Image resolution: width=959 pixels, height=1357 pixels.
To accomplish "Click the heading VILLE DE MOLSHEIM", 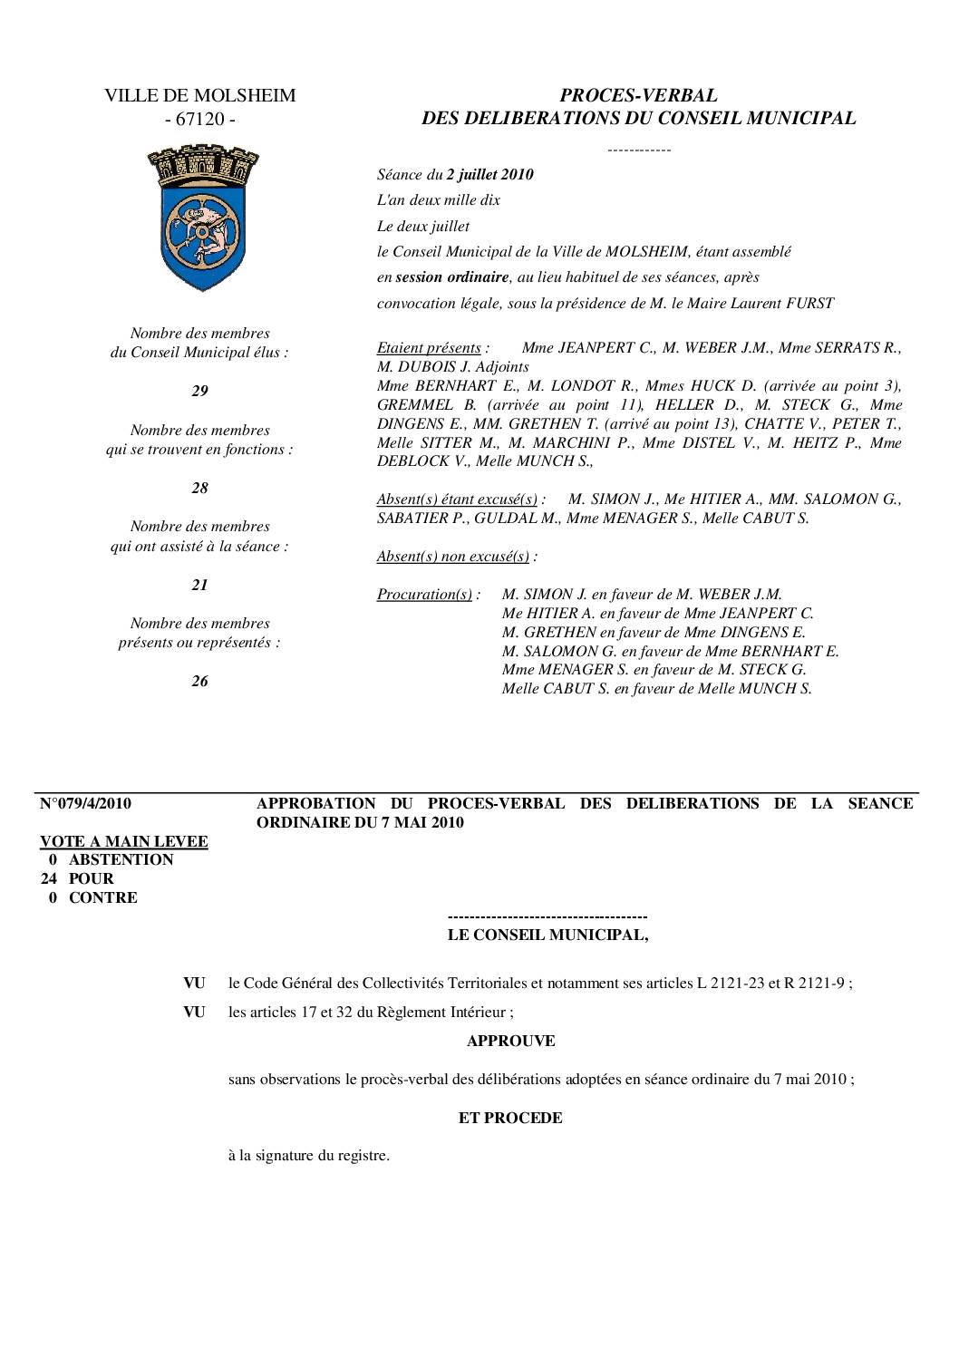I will point(199,96).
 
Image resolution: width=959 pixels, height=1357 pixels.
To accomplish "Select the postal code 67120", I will point(199,120).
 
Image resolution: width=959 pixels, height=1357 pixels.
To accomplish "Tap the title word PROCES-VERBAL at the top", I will point(638,95).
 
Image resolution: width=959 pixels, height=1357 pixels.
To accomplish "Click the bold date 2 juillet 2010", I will point(489,175).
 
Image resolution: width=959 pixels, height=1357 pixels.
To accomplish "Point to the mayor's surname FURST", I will point(809,304).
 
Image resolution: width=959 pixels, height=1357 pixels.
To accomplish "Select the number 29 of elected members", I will point(199,392).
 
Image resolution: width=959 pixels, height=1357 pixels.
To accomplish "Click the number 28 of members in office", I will point(199,489).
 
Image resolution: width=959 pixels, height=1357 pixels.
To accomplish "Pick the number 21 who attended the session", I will point(199,586).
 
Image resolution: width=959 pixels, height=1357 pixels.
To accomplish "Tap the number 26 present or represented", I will point(199,682).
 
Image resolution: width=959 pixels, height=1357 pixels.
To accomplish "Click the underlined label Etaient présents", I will point(429,348).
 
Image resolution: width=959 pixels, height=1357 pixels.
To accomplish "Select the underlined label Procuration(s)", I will point(424,595).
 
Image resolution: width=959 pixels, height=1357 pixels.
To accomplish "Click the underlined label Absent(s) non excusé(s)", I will point(452,557).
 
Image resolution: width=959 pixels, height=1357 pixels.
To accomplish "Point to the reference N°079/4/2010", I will point(86,803).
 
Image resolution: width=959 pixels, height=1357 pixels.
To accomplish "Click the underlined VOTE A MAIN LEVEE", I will point(124,841).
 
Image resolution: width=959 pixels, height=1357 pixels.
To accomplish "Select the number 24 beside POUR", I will point(51,878).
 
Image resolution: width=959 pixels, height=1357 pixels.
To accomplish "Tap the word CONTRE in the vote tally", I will point(103,897).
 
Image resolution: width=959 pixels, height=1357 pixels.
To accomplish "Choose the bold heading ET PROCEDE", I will point(510,1118).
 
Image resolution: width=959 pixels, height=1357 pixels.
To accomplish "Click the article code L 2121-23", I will point(731,984).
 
